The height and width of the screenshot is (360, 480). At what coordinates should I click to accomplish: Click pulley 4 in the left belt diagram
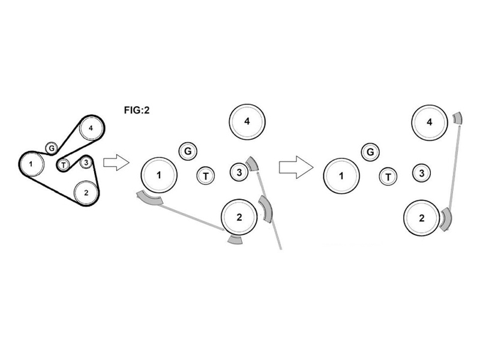[x=90, y=128]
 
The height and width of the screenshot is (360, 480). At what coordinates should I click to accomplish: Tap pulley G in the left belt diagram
[x=52, y=148]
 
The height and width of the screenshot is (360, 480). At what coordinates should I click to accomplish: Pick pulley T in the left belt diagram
[x=63, y=164]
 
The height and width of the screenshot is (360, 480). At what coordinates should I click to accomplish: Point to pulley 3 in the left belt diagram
[x=86, y=162]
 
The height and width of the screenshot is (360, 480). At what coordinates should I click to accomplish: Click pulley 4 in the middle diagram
[x=247, y=122]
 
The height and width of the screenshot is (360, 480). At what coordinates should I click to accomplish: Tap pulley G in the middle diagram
[x=188, y=151]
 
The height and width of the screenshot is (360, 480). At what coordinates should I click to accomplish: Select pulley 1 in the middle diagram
[x=159, y=175]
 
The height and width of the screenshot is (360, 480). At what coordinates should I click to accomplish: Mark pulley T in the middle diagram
[x=206, y=176]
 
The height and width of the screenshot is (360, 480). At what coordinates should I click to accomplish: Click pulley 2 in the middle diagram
[x=239, y=217]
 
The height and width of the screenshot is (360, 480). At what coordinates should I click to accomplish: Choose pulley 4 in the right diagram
[x=430, y=122]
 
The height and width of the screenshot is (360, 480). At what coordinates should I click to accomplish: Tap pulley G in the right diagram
[x=371, y=152]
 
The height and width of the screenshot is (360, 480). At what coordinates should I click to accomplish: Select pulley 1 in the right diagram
[x=341, y=176]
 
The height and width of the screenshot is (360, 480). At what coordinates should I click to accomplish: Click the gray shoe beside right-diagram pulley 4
[x=458, y=118]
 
